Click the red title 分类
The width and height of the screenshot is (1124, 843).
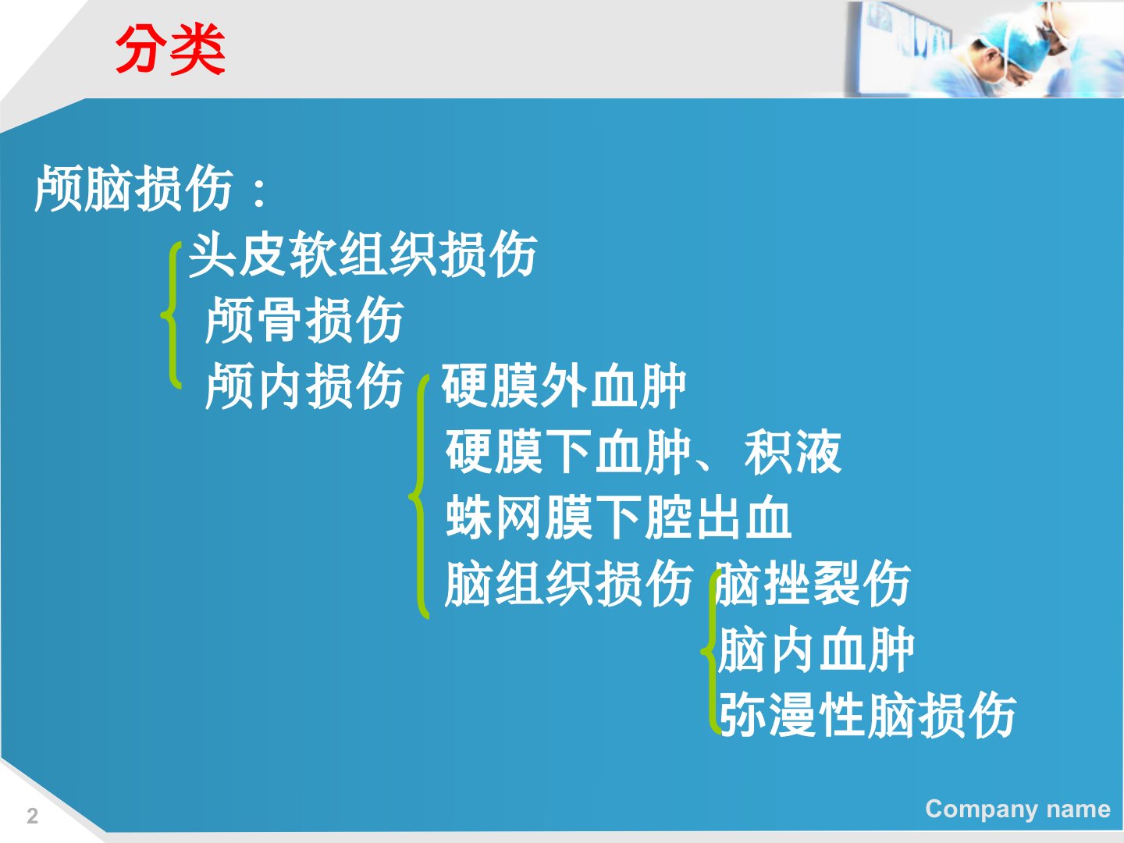click(x=170, y=50)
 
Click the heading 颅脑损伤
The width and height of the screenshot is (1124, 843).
click(x=133, y=188)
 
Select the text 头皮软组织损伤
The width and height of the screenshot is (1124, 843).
click(x=363, y=254)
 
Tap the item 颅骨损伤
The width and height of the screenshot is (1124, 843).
click(x=304, y=320)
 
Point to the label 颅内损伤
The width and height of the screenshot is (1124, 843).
click(x=304, y=386)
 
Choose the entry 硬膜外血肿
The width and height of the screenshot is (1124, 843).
click(x=564, y=386)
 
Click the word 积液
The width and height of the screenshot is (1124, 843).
click(x=793, y=451)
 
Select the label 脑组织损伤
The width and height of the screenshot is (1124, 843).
click(x=569, y=583)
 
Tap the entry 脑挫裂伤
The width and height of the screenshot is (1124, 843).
click(x=813, y=583)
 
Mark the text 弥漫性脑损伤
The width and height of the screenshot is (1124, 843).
click(x=867, y=714)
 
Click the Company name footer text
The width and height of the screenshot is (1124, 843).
click(x=1018, y=809)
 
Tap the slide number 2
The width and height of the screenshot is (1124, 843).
click(x=32, y=816)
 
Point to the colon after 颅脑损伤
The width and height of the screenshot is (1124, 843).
click(x=260, y=194)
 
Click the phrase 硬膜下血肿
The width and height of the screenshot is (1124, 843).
click(x=568, y=451)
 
